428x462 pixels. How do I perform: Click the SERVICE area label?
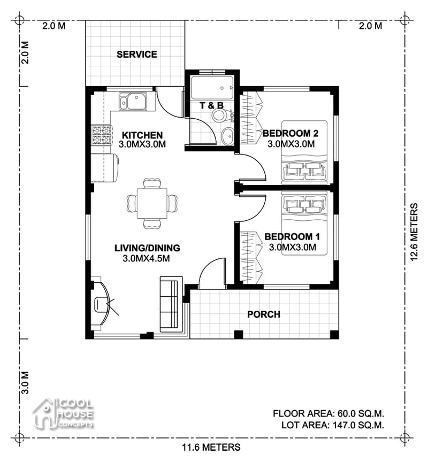[x=137, y=54]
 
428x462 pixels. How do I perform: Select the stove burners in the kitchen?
[x=101, y=135]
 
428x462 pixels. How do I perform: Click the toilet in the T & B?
[x=219, y=116]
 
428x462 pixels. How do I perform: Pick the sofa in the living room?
[x=171, y=303]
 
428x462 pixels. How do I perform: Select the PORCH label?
[x=263, y=314]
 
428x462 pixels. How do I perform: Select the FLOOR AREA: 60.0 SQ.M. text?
[x=328, y=413]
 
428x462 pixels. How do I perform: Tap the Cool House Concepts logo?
[x=63, y=413]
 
